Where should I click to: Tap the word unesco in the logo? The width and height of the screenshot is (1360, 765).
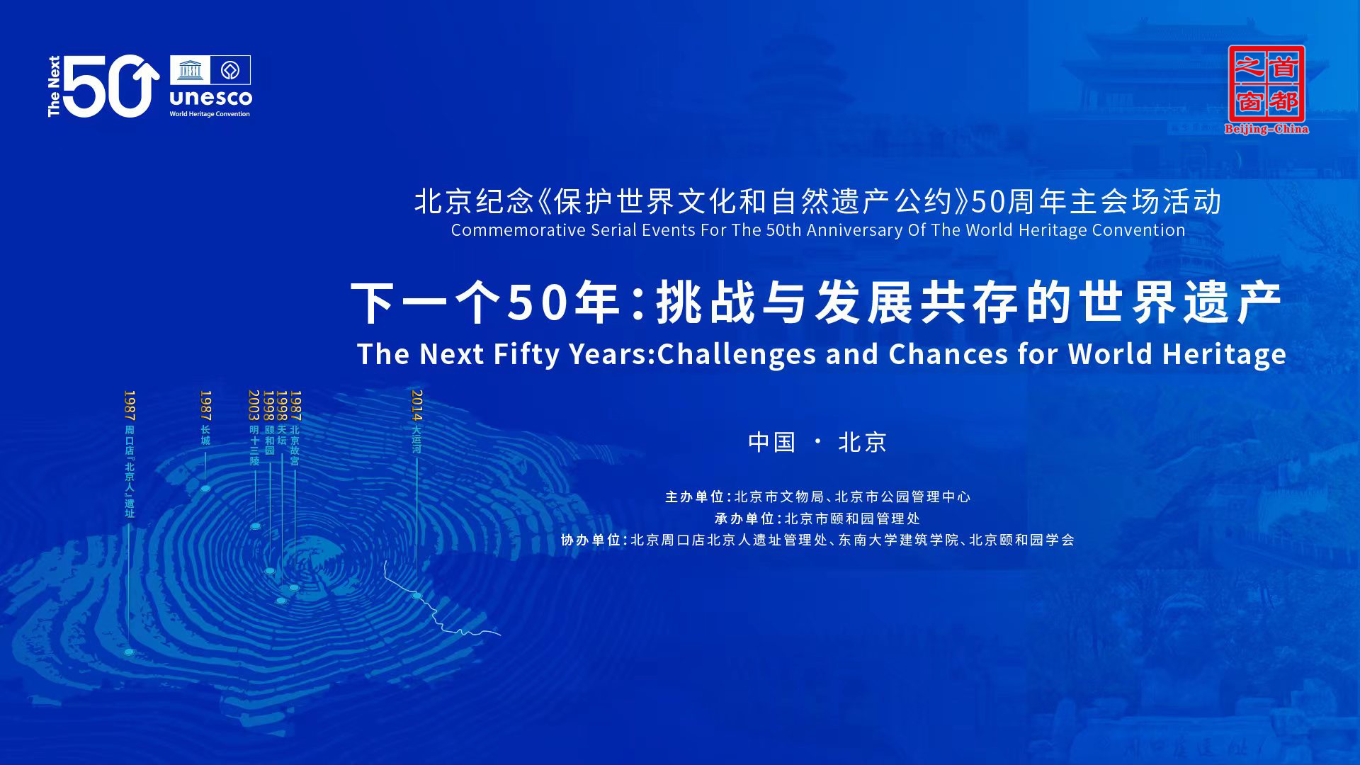coord(210,97)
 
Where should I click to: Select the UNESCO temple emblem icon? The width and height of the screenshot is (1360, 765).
coord(189,70)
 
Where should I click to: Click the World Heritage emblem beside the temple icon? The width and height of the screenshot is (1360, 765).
coord(229,70)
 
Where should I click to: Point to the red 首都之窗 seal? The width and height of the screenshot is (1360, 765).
coord(1266,83)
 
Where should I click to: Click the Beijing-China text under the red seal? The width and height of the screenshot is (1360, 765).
coord(1266,130)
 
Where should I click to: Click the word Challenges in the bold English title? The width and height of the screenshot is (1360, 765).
coord(737,354)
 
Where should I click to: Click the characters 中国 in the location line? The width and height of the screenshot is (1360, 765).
coord(772,442)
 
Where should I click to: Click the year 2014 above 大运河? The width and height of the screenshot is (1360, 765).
coord(416,405)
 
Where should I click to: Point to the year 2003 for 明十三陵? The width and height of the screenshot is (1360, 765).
coord(254,405)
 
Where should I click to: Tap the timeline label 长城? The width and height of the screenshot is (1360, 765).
coord(205,435)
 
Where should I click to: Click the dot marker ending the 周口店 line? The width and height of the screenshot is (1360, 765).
coord(129,652)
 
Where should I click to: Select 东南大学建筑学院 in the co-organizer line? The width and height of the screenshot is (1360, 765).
coord(898,540)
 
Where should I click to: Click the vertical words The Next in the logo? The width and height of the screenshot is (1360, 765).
coord(55,86)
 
